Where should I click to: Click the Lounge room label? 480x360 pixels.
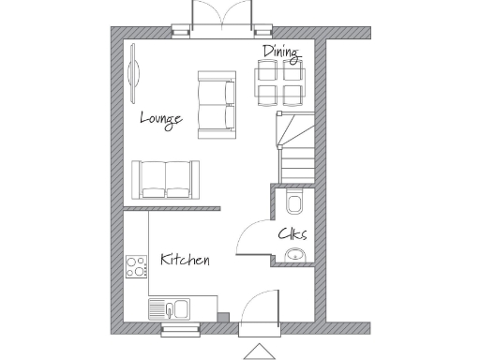click(x=160, y=118)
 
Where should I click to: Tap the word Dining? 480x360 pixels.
click(x=281, y=52)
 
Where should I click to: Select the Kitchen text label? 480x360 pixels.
click(x=185, y=260)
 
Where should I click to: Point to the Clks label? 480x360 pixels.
click(x=292, y=234)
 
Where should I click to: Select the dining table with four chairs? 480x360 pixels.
click(x=280, y=82)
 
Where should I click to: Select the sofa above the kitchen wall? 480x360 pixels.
click(x=165, y=178)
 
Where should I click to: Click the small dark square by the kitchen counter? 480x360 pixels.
click(x=222, y=316)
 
